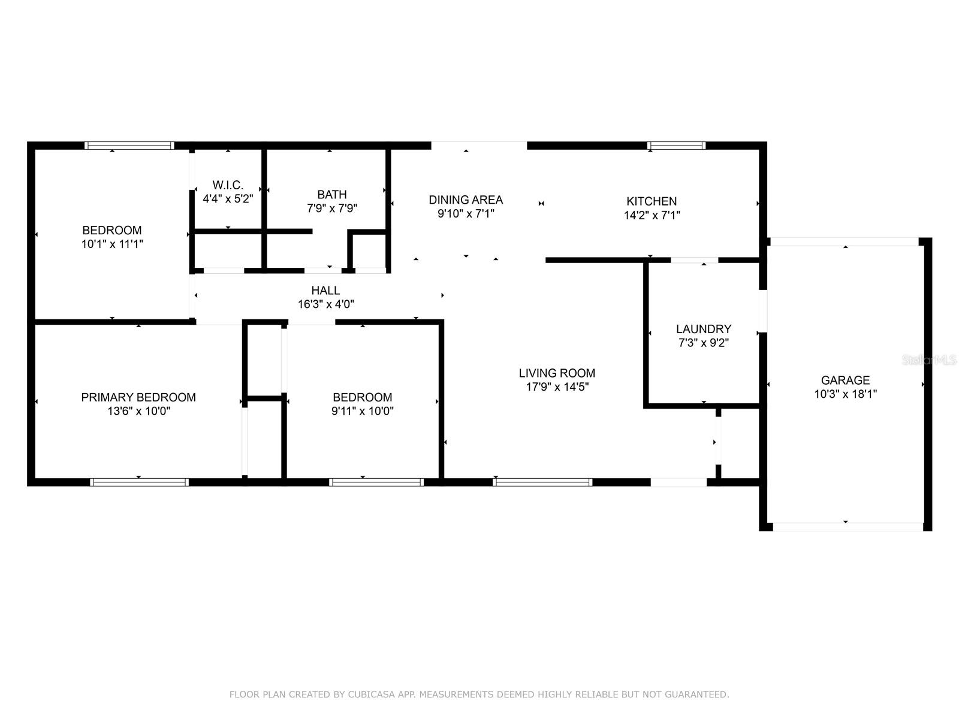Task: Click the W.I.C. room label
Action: [x=228, y=185]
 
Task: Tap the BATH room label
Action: [x=331, y=194]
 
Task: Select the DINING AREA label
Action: [x=466, y=200]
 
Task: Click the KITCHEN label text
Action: [x=652, y=201]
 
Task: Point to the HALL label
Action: [x=325, y=291]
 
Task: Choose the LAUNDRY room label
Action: [x=704, y=329]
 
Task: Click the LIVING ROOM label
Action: [x=557, y=373]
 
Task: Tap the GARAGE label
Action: [x=845, y=380]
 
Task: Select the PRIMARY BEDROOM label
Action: [x=138, y=397]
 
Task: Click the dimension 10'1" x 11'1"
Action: [x=112, y=244]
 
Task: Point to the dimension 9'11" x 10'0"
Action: [x=362, y=411]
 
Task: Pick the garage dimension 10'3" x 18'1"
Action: [x=845, y=394]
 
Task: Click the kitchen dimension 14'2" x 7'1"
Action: [x=652, y=215]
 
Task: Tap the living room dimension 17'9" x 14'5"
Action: [x=557, y=387]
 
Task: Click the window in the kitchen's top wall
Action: [x=676, y=146]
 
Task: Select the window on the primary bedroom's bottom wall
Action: [x=140, y=482]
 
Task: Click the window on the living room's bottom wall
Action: [x=542, y=482]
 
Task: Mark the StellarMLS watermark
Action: [x=929, y=360]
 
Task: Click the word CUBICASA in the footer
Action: [x=371, y=694]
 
